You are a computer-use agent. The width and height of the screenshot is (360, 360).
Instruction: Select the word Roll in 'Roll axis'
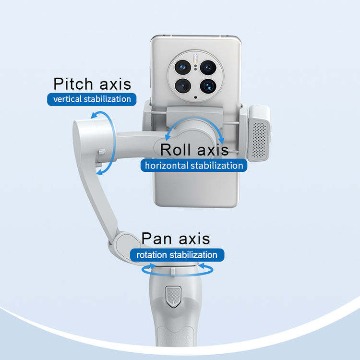pos(175,149)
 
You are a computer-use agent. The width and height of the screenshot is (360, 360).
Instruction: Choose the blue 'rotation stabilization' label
pos(177,255)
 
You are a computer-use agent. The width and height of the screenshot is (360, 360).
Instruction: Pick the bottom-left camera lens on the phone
pos(183,86)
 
